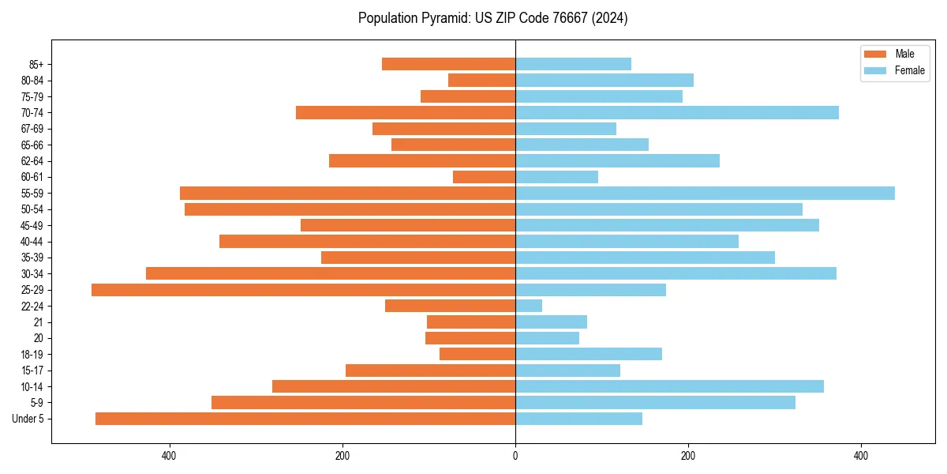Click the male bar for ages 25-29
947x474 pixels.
[303, 290]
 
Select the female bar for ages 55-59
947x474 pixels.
[705, 194]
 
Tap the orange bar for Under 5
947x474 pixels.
[305, 419]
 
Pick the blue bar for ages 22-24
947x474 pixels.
[529, 306]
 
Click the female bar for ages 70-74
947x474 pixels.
[677, 113]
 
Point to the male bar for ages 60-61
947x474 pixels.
[484, 177]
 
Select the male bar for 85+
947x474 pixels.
[448, 64]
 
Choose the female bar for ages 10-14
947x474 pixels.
[669, 386]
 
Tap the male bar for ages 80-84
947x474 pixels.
[481, 81]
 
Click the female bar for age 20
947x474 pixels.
[547, 338]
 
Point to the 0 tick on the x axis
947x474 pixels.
[515, 456]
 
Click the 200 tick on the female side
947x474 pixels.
[688, 456]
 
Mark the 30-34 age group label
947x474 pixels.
[32, 274]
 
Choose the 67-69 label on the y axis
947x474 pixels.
[32, 129]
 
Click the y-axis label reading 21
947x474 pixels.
[38, 322]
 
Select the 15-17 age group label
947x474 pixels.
[32, 371]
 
